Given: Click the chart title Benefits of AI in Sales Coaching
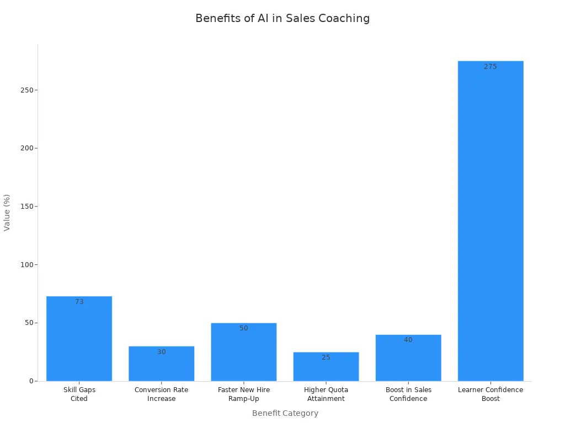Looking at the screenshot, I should pyautogui.click(x=282, y=18).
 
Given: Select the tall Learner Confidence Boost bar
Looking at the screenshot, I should pyautogui.click(x=491, y=220).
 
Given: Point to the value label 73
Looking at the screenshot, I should pyautogui.click(x=79, y=302).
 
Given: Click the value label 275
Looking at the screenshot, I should pyautogui.click(x=491, y=67).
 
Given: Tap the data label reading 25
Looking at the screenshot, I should pyautogui.click(x=326, y=357).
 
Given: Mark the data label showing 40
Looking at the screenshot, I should pyautogui.click(x=408, y=340).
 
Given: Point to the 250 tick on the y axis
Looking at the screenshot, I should pyautogui.click(x=26, y=90).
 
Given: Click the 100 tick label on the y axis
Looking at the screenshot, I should pyautogui.click(x=26, y=265).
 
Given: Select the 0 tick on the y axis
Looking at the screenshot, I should pyautogui.click(x=31, y=381).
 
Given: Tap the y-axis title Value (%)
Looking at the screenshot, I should pyautogui.click(x=7, y=212).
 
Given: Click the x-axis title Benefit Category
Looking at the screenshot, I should pyautogui.click(x=285, y=413).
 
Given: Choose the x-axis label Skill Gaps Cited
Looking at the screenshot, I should pyautogui.click(x=79, y=394).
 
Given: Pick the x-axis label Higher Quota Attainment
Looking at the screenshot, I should pyautogui.click(x=326, y=394).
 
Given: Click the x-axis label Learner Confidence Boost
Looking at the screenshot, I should pyautogui.click(x=491, y=394).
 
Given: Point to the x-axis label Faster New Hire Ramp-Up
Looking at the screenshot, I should pyautogui.click(x=244, y=394).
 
